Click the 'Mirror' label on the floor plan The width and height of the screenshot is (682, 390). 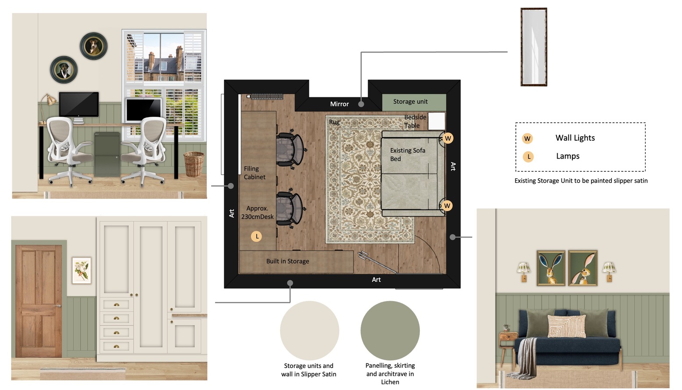point(339,104)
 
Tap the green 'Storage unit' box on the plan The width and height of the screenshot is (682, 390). point(414,102)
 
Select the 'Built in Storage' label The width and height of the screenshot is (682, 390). point(288,261)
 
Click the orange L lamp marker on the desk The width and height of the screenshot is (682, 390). point(256,236)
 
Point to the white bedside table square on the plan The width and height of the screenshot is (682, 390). point(437,121)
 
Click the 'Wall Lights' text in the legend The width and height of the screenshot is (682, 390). point(575,138)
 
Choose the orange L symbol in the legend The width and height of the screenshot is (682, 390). point(528,157)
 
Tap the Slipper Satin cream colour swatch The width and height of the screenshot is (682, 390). point(309,331)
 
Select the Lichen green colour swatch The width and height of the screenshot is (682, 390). point(390,331)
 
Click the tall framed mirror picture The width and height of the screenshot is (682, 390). point(534,47)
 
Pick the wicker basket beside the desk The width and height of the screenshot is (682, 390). point(194,164)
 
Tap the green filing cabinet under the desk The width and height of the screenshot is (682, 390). point(107,154)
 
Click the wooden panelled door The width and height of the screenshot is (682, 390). point(39,301)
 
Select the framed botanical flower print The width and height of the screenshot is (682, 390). point(82,271)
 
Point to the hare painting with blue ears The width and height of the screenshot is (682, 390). point(551,268)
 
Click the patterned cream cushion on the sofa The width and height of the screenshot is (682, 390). point(566,326)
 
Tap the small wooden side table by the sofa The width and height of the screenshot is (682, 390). point(508,347)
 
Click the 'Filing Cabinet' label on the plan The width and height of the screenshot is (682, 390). point(254,173)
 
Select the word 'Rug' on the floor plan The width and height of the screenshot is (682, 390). point(334,122)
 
